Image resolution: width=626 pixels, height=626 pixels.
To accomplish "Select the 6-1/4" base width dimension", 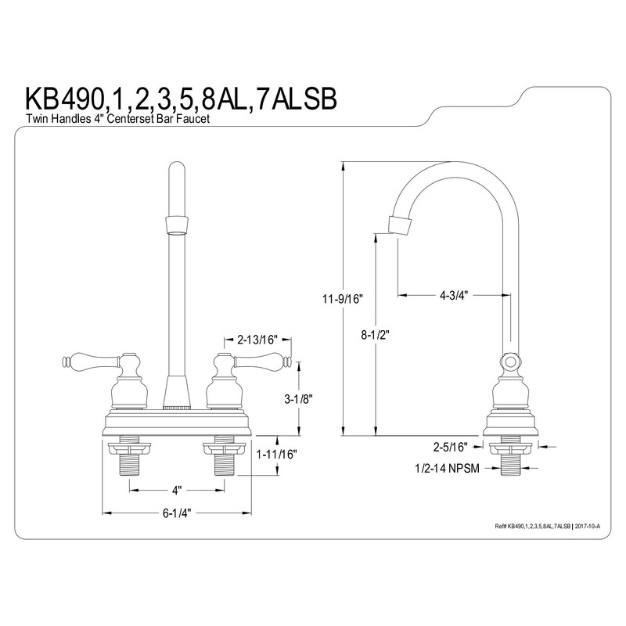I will [176, 513].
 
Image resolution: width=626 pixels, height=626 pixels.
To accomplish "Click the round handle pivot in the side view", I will [509, 362].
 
